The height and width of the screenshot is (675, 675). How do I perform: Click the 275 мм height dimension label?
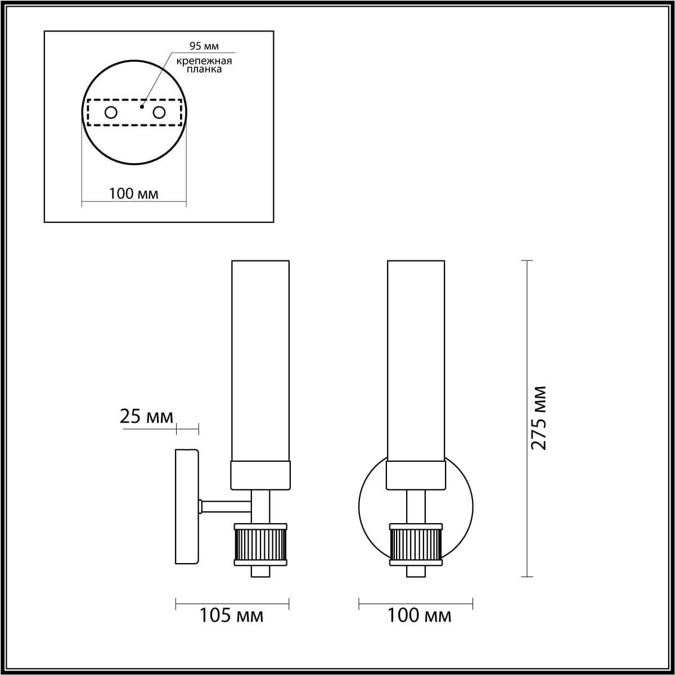[x=539, y=417]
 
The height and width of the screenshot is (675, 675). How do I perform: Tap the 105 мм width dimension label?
[x=231, y=616]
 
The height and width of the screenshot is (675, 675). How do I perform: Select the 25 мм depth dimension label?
[x=146, y=416]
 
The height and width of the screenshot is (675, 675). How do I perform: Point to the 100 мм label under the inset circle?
[x=133, y=194]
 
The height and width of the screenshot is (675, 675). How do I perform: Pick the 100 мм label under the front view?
[x=419, y=616]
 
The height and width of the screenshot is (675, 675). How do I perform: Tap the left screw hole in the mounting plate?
[x=111, y=112]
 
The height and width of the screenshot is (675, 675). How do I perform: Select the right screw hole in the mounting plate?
[x=159, y=112]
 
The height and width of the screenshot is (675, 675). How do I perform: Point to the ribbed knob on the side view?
[x=261, y=545]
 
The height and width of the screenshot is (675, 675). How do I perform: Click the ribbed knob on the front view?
[x=416, y=545]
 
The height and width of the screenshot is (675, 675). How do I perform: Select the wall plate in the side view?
[x=187, y=506]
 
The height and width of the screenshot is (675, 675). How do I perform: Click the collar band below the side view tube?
[x=260, y=475]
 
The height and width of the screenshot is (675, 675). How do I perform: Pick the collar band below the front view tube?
[x=416, y=475]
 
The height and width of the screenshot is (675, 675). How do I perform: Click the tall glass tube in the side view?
[x=260, y=360]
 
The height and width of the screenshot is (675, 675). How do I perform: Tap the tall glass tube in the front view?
[x=416, y=360]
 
